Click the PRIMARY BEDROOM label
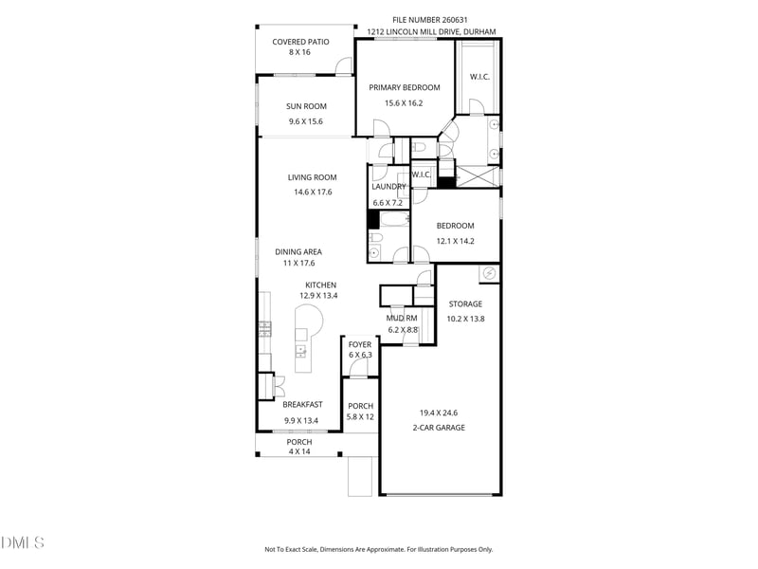405,87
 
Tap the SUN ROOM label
306,106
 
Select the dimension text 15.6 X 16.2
404,103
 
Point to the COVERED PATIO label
300,42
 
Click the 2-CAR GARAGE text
439,428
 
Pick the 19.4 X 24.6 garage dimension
439,413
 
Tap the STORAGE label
465,304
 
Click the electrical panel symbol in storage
489,273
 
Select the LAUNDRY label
388,187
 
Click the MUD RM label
401,319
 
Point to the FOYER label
360,344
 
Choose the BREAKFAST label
302,405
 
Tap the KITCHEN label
320,285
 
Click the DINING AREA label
298,252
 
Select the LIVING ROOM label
312,177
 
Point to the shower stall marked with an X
478,176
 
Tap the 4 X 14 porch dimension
299,451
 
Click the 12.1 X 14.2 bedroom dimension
455,241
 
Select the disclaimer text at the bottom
378,549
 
